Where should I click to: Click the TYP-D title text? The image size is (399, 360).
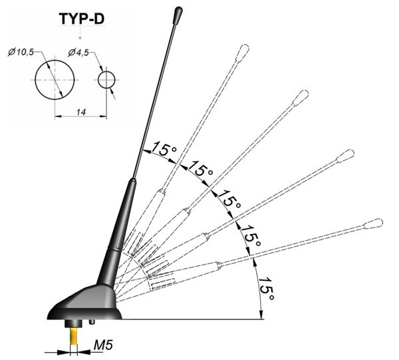coord(82,19)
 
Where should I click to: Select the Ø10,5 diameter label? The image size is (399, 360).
coord(21,52)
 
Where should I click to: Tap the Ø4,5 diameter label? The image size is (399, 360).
coord(78,53)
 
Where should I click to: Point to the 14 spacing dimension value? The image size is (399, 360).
coord(81,112)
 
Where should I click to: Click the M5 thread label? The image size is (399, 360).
coord(103,345)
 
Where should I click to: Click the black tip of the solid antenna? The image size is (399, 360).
coord(179,15)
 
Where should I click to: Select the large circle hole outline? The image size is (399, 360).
coord(35,80)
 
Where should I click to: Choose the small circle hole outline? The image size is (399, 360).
coord(98,80)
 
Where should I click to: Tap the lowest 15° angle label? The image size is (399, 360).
coord(267,289)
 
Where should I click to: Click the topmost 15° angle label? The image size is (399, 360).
coord(164,148)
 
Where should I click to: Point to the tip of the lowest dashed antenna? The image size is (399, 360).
coord(374,224)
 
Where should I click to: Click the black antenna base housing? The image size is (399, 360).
coord(84,303)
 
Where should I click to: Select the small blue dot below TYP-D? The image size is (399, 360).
coord(80,38)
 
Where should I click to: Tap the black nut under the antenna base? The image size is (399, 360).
coord(73,323)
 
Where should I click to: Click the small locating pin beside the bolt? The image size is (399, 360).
coord(92,322)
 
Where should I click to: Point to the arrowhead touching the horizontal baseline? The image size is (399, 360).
coord(261,314)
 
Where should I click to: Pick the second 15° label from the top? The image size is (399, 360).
coord(201,168)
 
